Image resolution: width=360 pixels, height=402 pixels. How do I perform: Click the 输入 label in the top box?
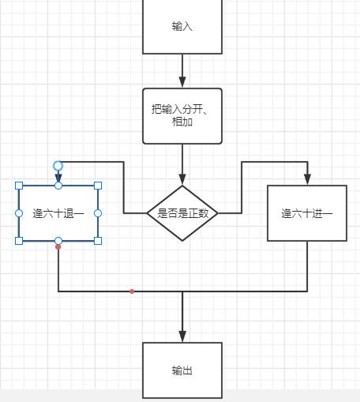[x=182, y=26]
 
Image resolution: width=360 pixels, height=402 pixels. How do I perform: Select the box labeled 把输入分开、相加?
[x=182, y=115]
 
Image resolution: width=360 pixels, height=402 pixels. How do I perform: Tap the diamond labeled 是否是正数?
[x=182, y=213]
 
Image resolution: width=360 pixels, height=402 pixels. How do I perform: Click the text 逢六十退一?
[x=58, y=213]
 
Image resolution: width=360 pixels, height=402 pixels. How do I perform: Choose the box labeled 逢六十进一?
[x=307, y=213]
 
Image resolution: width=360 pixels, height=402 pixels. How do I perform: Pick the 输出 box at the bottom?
[x=182, y=370]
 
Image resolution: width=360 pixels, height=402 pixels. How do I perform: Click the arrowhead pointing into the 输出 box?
[x=182, y=336]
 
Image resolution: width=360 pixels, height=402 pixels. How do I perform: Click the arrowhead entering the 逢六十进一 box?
[x=307, y=179]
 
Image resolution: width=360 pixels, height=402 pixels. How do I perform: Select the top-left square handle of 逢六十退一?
[x=19, y=186]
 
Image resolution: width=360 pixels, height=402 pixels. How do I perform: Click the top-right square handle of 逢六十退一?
[x=98, y=186]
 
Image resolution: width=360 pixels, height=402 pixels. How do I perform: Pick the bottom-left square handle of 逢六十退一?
[x=19, y=240]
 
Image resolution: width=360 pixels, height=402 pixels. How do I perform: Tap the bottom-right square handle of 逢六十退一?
[x=98, y=240]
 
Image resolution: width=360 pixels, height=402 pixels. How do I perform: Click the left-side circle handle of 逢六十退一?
[x=19, y=213]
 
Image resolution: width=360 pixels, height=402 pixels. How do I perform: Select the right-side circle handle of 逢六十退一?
[x=98, y=213]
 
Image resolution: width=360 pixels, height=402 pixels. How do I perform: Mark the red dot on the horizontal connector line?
[x=132, y=291]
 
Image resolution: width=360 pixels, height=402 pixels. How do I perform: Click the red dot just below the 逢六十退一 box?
[x=58, y=247]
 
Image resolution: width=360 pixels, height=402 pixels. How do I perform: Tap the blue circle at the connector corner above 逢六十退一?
[x=58, y=165]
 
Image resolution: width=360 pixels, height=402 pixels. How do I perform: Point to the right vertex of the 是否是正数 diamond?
[x=217, y=213]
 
